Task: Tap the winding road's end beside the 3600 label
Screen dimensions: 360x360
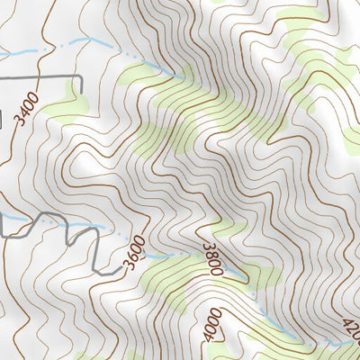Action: tap(118, 267)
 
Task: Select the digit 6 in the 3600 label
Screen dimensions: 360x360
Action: tap(130, 257)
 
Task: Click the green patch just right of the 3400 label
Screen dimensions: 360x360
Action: tap(65, 110)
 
